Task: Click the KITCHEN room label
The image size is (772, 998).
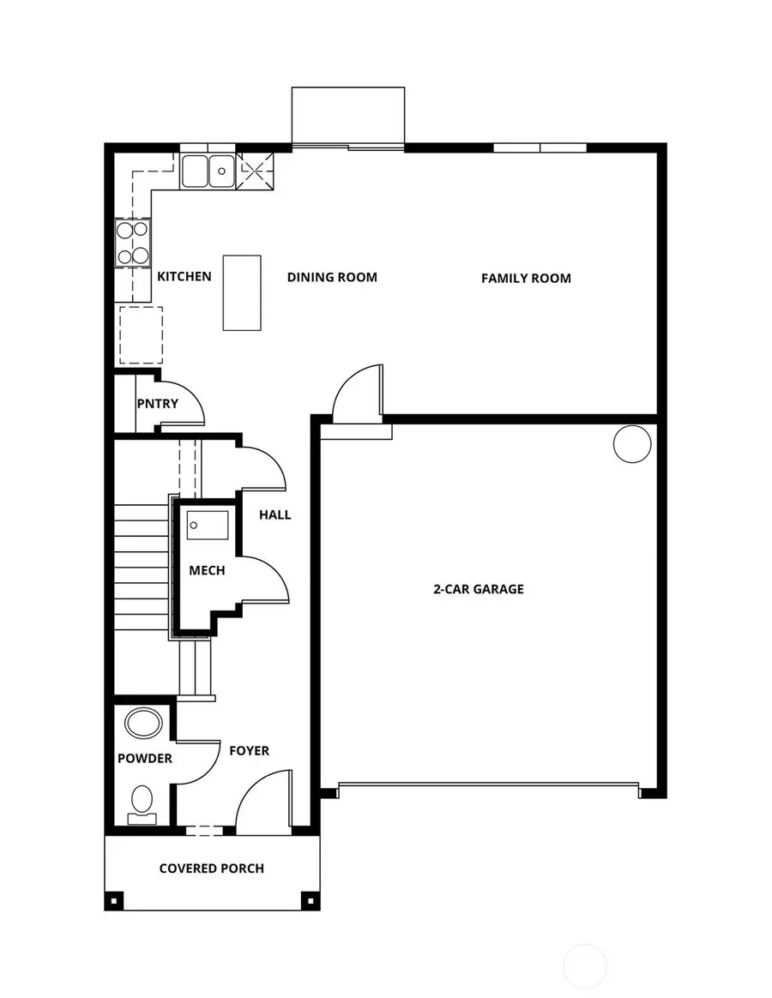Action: pyautogui.click(x=184, y=277)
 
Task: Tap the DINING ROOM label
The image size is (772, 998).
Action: pyautogui.click(x=332, y=277)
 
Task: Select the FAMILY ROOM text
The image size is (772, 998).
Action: pyautogui.click(x=526, y=278)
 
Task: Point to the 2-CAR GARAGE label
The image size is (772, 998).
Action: pyautogui.click(x=479, y=589)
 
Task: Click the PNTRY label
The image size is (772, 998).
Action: pyautogui.click(x=158, y=403)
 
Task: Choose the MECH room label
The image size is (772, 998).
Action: pyautogui.click(x=207, y=570)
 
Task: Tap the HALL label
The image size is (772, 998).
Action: pyautogui.click(x=275, y=514)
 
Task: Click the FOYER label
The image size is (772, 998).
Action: pyautogui.click(x=249, y=751)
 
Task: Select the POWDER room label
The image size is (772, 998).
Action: pyautogui.click(x=145, y=759)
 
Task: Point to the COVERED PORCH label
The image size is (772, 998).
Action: pyautogui.click(x=212, y=869)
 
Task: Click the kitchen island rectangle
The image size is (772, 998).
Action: pyautogui.click(x=242, y=292)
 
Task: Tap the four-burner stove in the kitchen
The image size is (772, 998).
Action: pyautogui.click(x=133, y=243)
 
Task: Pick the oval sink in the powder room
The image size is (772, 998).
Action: pyautogui.click(x=143, y=723)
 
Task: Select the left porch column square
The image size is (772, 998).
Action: pyautogui.click(x=113, y=901)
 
